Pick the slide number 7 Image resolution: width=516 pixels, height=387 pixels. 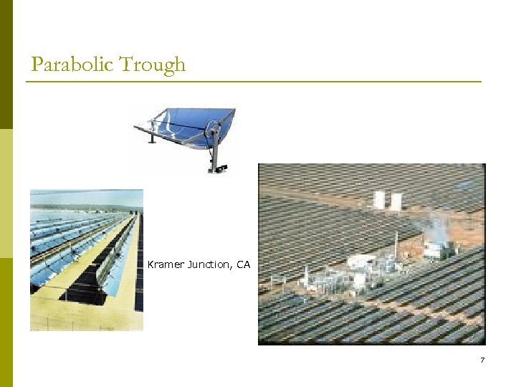click(482, 360)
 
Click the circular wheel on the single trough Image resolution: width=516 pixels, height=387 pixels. click(211, 130)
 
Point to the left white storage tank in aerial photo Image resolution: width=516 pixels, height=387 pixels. click(379, 200)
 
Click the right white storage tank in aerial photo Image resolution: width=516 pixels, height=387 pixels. click(395, 201)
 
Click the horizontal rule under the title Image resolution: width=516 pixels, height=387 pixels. click(254, 82)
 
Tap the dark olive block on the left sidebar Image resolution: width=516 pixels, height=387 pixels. click(6, 64)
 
